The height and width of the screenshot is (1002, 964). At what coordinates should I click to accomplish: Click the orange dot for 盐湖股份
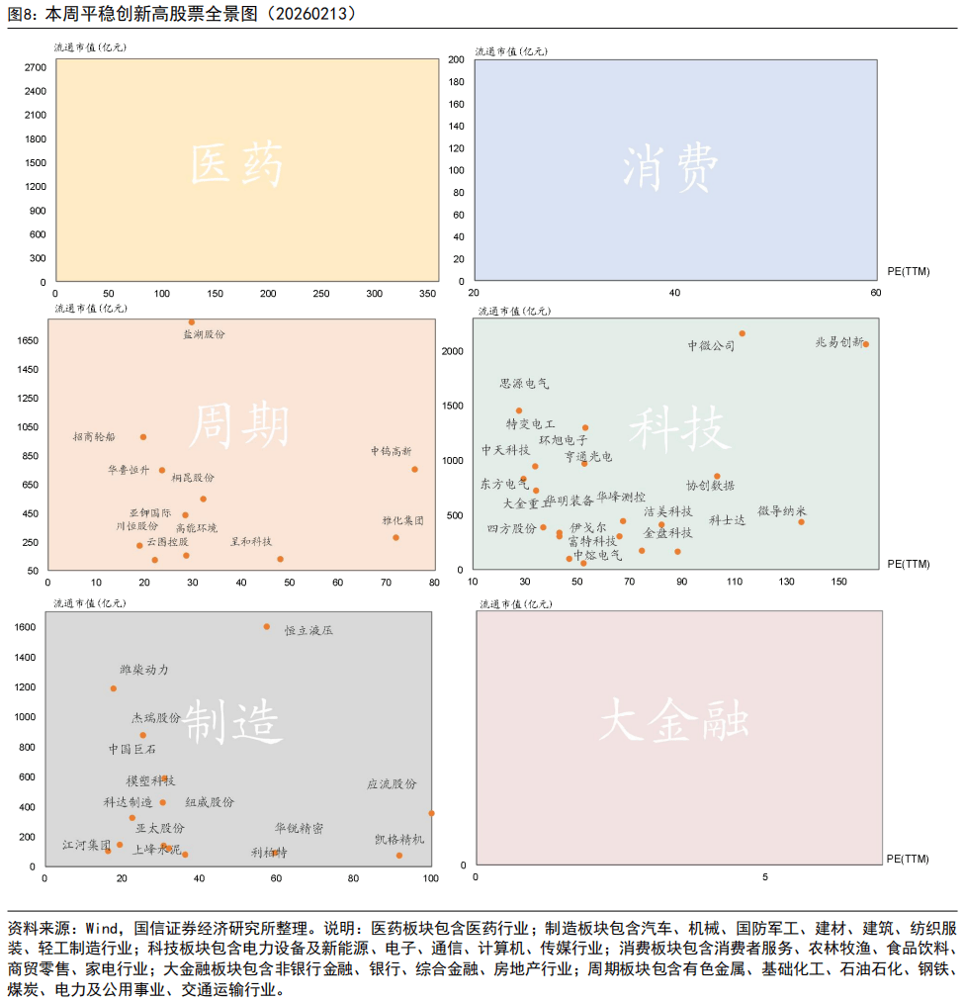pyautogui.click(x=192, y=321)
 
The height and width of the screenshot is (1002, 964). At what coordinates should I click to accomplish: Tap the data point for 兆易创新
pyautogui.click(x=866, y=344)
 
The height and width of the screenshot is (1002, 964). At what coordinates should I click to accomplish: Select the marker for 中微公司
pyautogui.click(x=743, y=333)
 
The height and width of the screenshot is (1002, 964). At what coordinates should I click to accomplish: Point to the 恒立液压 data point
pyautogui.click(x=267, y=626)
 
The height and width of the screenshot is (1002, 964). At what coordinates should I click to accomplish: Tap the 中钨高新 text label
pyautogui.click(x=392, y=451)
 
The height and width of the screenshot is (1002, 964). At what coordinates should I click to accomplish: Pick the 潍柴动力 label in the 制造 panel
pyautogui.click(x=144, y=670)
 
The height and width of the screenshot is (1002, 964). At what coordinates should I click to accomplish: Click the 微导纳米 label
pyautogui.click(x=782, y=510)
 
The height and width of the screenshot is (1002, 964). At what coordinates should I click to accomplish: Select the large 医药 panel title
pyautogui.click(x=237, y=164)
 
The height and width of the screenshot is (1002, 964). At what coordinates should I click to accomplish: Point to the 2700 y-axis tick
pyautogui.click(x=36, y=67)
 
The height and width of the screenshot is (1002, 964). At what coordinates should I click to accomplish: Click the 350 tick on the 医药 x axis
pyautogui.click(x=427, y=294)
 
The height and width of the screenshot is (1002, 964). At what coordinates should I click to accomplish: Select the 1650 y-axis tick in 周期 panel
pyautogui.click(x=28, y=340)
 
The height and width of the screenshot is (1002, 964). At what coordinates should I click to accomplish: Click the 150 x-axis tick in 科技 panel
pyautogui.click(x=839, y=582)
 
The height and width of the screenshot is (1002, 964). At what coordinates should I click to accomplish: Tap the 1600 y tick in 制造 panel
pyautogui.click(x=27, y=627)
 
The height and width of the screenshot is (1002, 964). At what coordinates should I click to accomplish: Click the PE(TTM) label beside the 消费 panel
pyautogui.click(x=907, y=269)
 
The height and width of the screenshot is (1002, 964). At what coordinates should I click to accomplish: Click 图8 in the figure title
pyautogui.click(x=21, y=14)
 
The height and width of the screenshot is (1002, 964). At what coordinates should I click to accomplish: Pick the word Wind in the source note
pyautogui.click(x=102, y=929)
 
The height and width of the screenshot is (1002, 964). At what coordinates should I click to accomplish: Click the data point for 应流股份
pyautogui.click(x=431, y=813)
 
